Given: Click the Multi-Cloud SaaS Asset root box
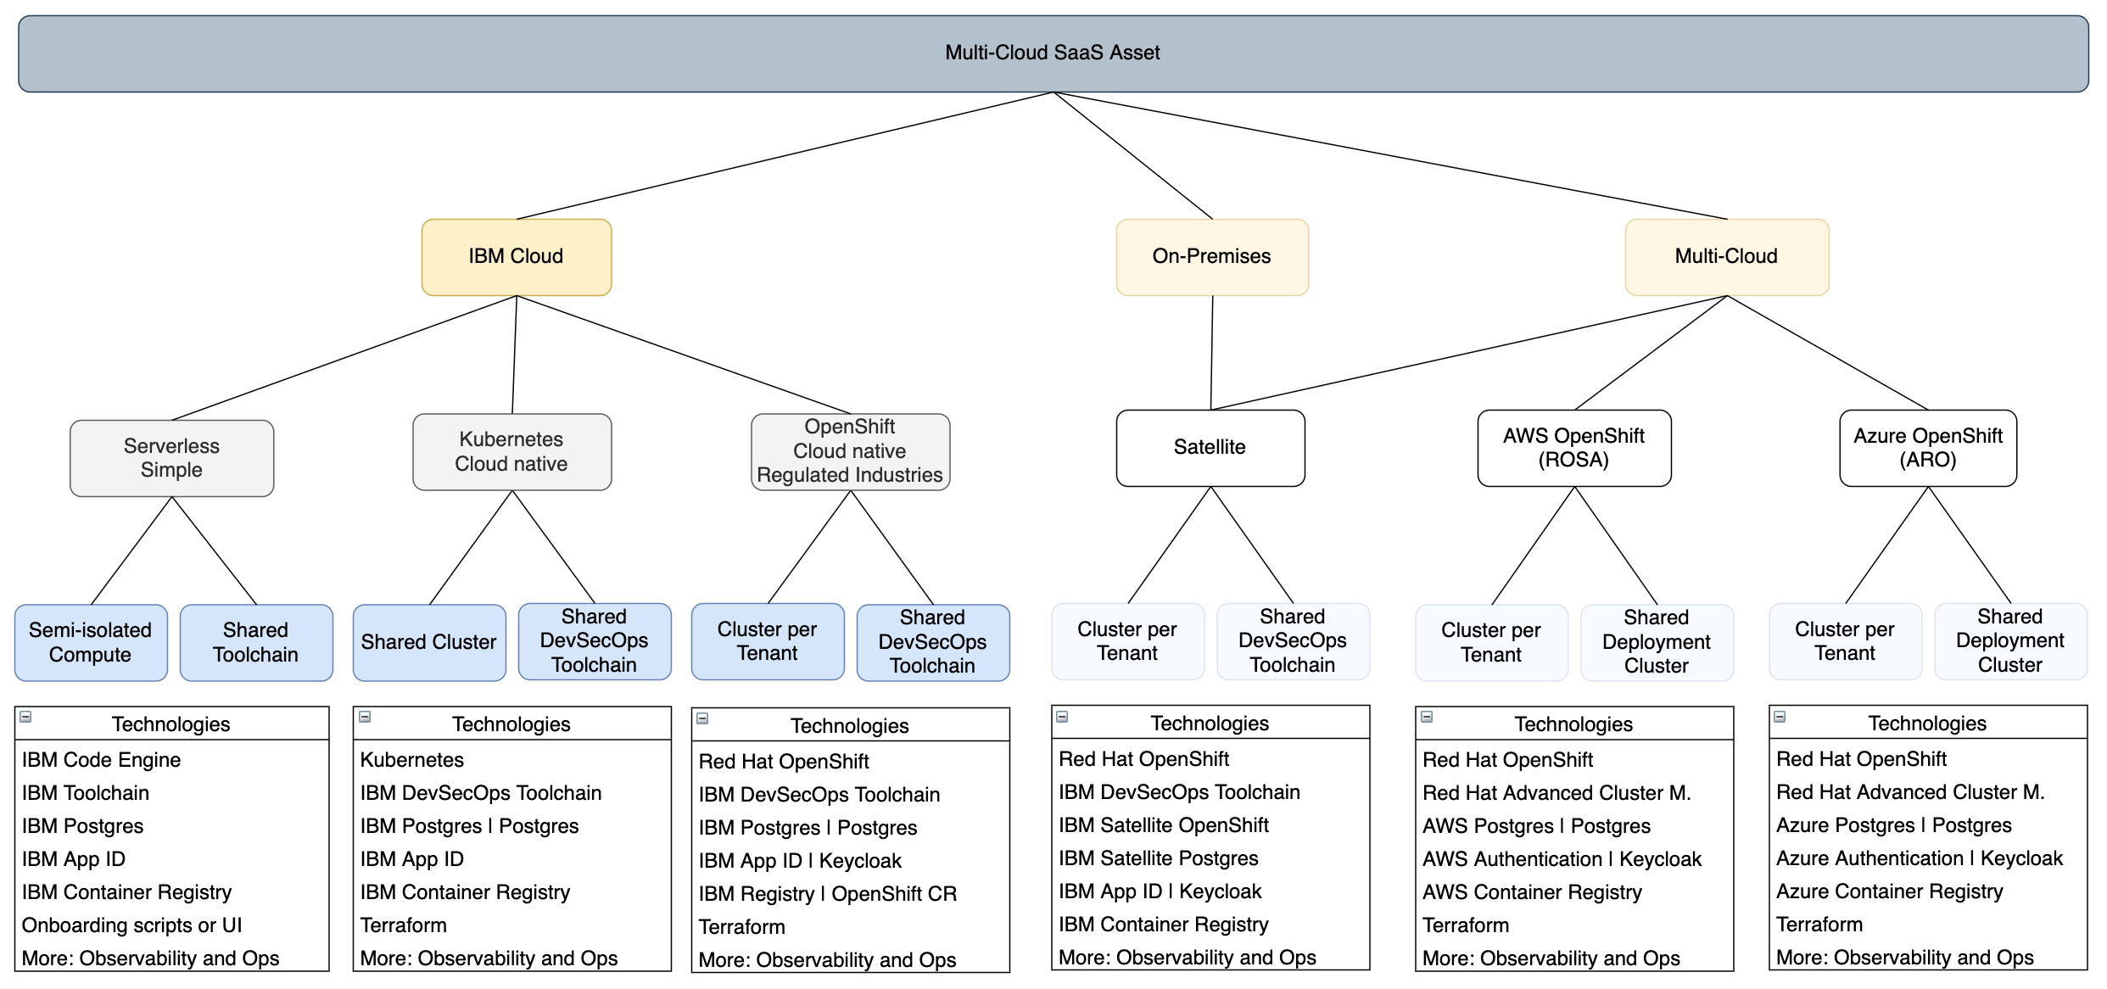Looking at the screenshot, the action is pyautogui.click(x=1053, y=53).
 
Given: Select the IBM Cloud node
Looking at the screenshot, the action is pyautogui.click(x=517, y=257).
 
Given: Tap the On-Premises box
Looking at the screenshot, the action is pyautogui.click(x=1212, y=257).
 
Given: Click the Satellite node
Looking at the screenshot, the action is pyautogui.click(x=1210, y=448).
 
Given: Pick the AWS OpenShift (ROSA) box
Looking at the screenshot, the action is pyautogui.click(x=1574, y=448).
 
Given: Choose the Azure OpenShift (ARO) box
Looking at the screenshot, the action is pyautogui.click(x=1928, y=448).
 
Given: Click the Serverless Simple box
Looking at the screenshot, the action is pyautogui.click(x=171, y=458).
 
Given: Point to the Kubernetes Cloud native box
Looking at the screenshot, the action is pyautogui.click(x=511, y=452).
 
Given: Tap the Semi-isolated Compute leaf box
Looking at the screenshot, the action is pyautogui.click(x=91, y=642).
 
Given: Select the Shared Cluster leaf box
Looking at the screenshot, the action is pyautogui.click(x=429, y=642).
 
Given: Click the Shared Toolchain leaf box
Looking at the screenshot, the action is pyautogui.click(x=256, y=642).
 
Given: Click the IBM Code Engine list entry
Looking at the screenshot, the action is pyautogui.click(x=101, y=760).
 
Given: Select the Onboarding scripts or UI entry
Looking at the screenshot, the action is pyautogui.click(x=131, y=925).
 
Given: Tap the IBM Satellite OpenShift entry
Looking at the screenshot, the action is pyautogui.click(x=1164, y=825).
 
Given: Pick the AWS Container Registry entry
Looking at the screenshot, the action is pyautogui.click(x=1532, y=892).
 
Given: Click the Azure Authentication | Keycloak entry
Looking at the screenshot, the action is pyautogui.click(x=1920, y=858).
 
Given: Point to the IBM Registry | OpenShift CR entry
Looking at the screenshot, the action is pyautogui.click(x=828, y=894).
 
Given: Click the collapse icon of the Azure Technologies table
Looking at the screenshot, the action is pyautogui.click(x=1780, y=717).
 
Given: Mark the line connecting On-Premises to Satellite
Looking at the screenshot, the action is pyautogui.click(x=1212, y=353).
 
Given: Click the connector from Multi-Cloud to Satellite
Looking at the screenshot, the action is pyautogui.click(x=1469, y=353).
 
